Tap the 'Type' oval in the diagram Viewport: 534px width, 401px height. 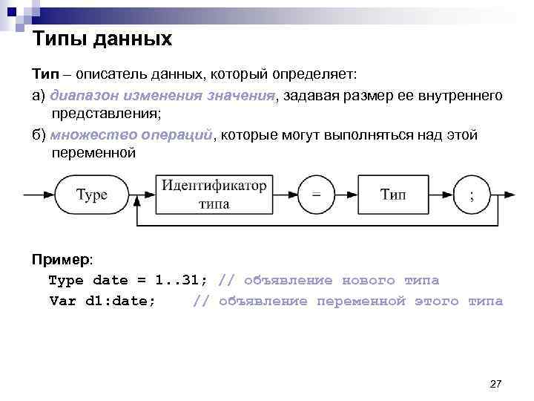(x=93, y=195)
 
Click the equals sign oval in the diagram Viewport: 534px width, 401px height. (x=316, y=195)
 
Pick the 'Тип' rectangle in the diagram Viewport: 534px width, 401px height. (x=393, y=195)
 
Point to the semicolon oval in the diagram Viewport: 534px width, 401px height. (x=472, y=195)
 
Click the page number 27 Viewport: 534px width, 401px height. (x=496, y=383)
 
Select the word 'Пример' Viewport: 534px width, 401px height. (x=60, y=260)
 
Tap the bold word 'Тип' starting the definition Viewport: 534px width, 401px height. (x=44, y=75)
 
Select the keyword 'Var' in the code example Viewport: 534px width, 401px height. (x=62, y=301)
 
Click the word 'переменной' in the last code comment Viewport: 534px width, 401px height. (x=361, y=301)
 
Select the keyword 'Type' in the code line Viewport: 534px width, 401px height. (x=66, y=281)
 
